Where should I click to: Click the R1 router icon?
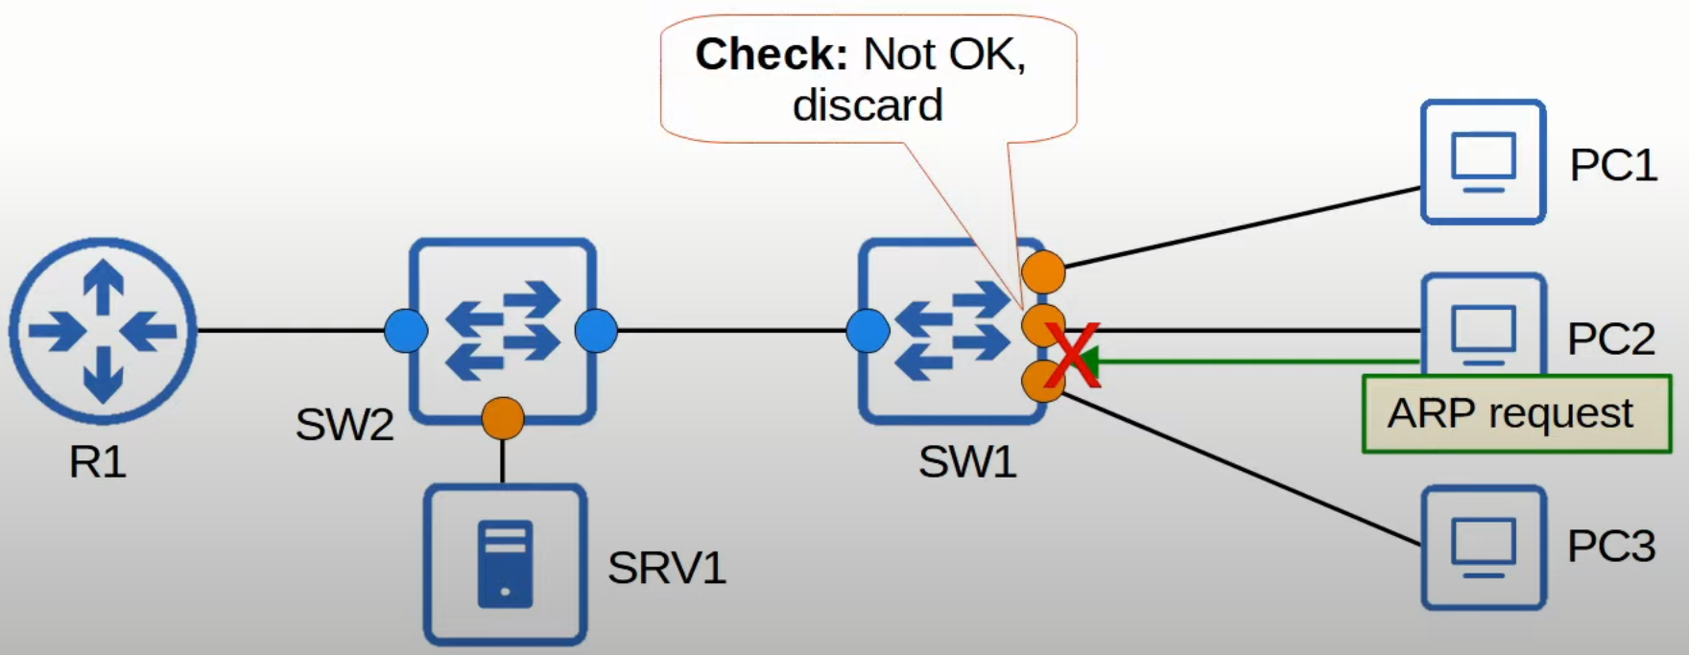pyautogui.click(x=103, y=331)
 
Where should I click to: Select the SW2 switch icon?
pyautogui.click(x=502, y=331)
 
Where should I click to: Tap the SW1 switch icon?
pyautogui.click(x=950, y=331)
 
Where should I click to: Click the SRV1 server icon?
pyautogui.click(x=505, y=564)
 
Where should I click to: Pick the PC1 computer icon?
pyautogui.click(x=1483, y=161)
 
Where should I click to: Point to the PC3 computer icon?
pyautogui.click(x=1483, y=548)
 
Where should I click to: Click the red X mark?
pyautogui.click(x=1072, y=355)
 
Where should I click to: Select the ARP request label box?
pyautogui.click(x=1516, y=414)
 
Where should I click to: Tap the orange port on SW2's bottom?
pyautogui.click(x=503, y=418)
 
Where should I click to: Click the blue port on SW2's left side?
pyautogui.click(x=405, y=331)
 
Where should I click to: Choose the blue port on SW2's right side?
pyautogui.click(x=596, y=331)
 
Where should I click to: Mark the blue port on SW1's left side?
pyautogui.click(x=868, y=331)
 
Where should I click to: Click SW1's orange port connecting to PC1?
pyautogui.click(x=1043, y=271)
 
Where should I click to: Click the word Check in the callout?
pyautogui.click(x=771, y=55)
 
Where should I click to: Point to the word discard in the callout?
pyautogui.click(x=868, y=105)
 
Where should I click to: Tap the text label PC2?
pyautogui.click(x=1610, y=339)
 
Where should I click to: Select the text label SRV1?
pyautogui.click(x=666, y=568)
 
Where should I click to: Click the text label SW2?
pyautogui.click(x=345, y=424)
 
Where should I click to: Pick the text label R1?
pyautogui.click(x=97, y=462)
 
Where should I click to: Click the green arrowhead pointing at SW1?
pyautogui.click(x=1090, y=362)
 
